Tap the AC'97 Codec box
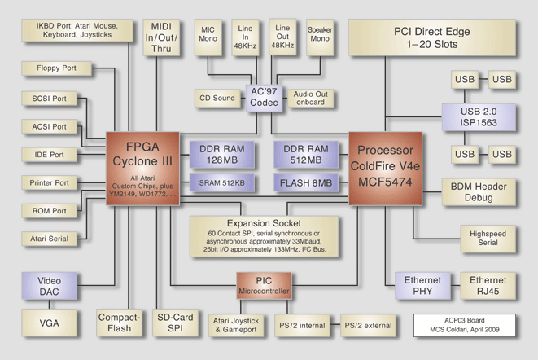click(x=268, y=99)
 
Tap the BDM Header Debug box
click(x=478, y=191)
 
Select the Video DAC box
click(x=49, y=286)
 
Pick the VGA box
click(x=49, y=323)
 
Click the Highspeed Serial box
click(x=487, y=238)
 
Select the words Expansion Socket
click(x=265, y=222)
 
